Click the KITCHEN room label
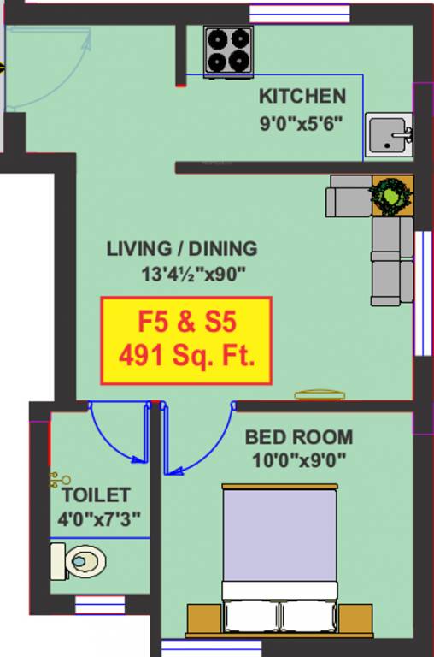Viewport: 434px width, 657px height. coord(302,96)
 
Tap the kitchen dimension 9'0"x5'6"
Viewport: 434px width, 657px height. coord(302,122)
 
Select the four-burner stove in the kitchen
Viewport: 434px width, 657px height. coord(228,50)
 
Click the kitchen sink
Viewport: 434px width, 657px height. coord(389,135)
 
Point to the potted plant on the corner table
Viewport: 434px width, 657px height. coord(391,196)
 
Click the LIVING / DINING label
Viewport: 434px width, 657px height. coord(181,249)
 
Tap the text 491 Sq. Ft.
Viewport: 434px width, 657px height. coord(187,355)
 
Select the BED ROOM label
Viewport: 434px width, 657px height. coord(298,437)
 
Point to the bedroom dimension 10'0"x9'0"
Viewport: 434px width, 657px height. coord(298,460)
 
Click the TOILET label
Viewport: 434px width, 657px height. coord(96,495)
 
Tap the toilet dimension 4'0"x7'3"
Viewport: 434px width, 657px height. coord(99,518)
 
